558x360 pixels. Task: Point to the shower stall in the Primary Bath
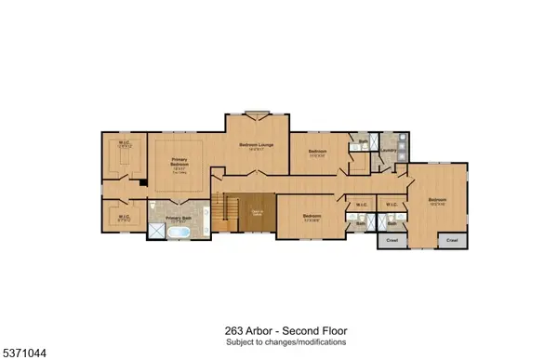pos(155,233)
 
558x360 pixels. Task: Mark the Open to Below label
pos(257,213)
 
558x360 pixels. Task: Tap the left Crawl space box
pos(388,239)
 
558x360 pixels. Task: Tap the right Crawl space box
pos(452,239)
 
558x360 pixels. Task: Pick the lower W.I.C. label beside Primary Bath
pos(124,218)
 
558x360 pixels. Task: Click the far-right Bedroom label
pos(437,199)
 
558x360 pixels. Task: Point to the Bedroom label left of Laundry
pos(318,152)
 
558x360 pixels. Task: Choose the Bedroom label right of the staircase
pos(311,217)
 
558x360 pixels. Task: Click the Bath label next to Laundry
pos(363,141)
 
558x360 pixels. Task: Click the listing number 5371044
pos(26,352)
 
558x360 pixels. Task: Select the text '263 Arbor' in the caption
pos(245,329)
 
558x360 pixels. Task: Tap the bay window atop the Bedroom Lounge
pos(257,114)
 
